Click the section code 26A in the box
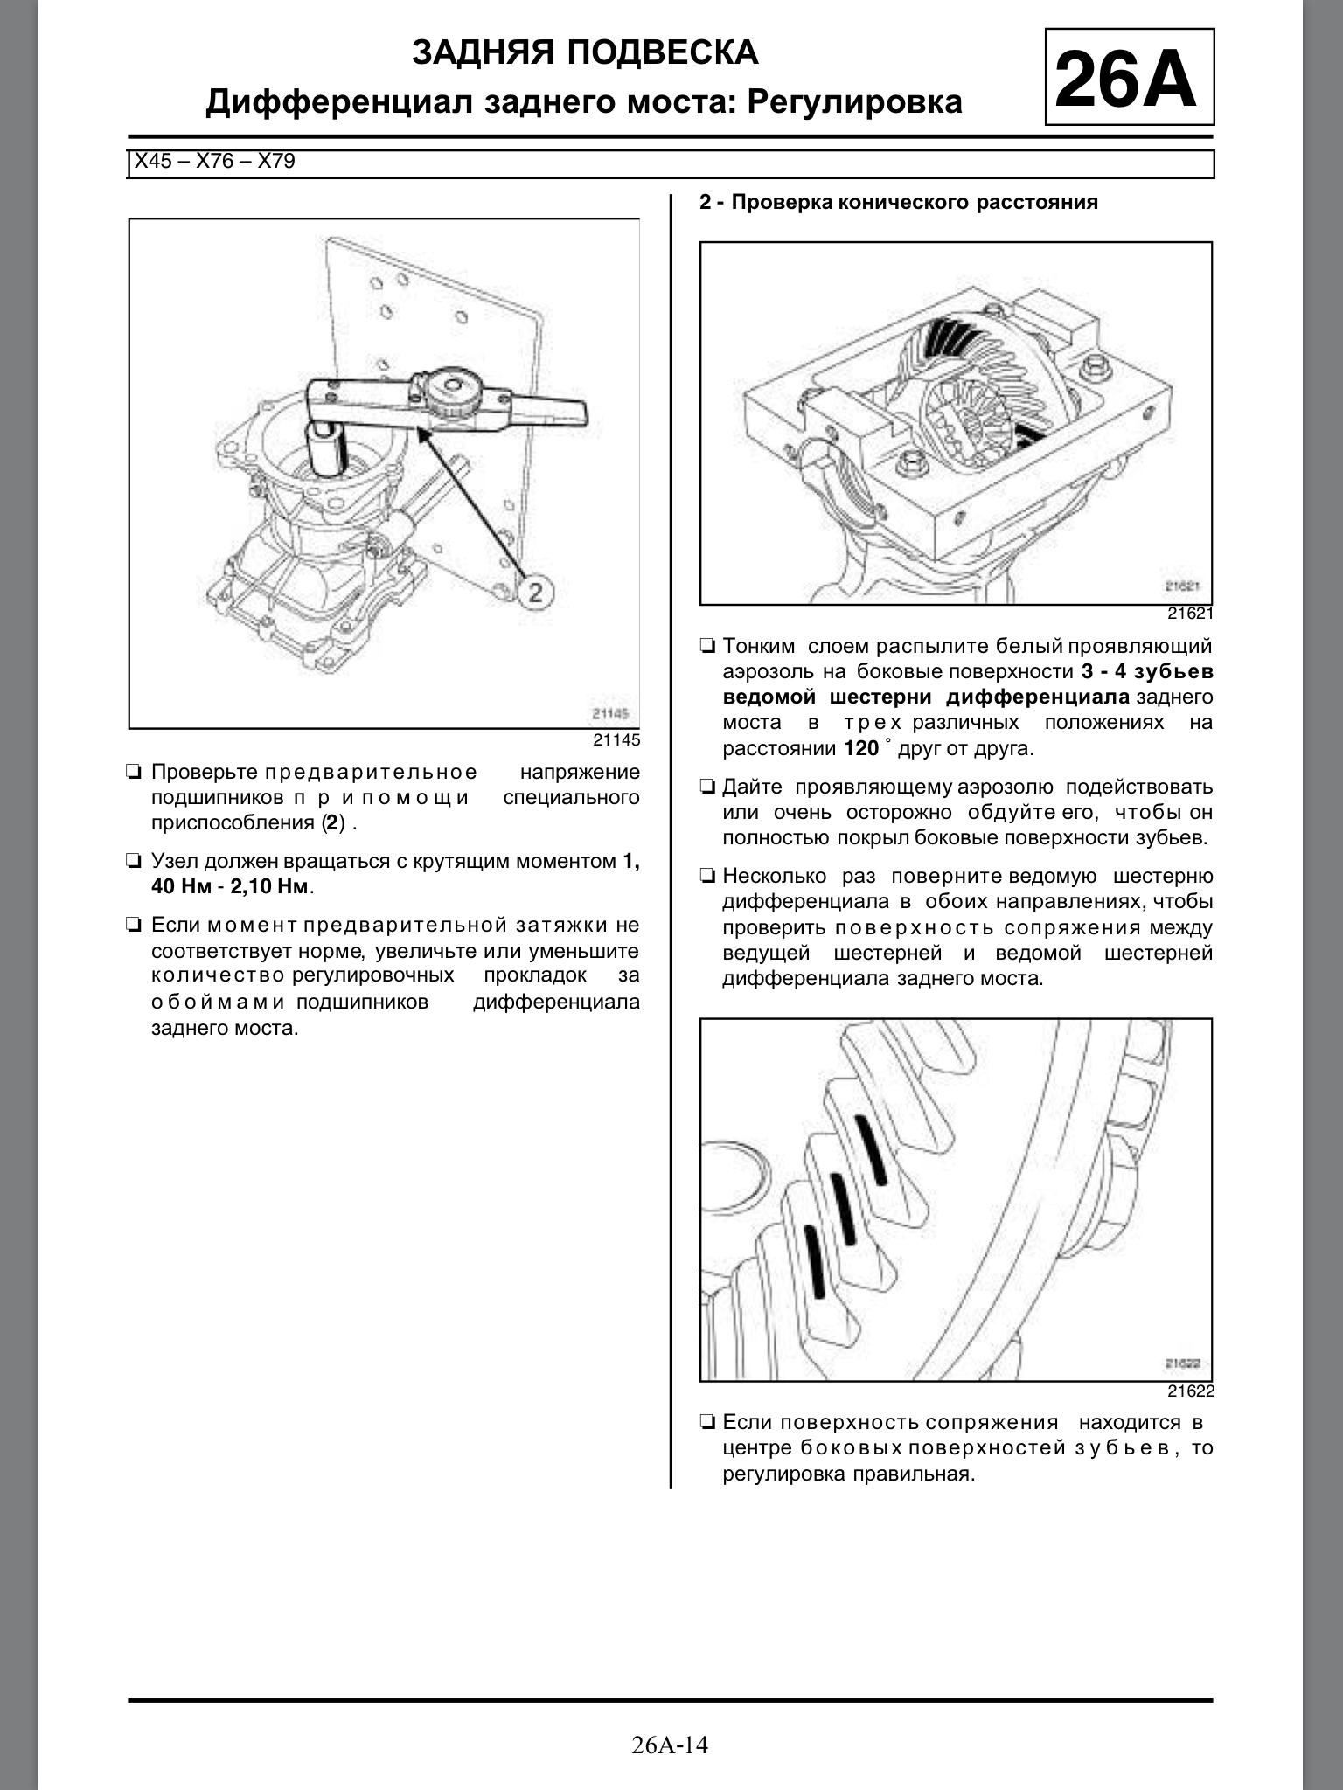point(1128,79)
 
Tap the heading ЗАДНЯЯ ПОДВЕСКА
point(584,53)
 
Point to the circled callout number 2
point(535,593)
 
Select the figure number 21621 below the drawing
point(1190,614)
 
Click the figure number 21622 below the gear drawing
point(1190,1391)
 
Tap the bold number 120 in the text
point(861,749)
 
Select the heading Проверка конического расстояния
point(914,203)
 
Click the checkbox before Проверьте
point(134,773)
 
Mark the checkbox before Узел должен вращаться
point(134,862)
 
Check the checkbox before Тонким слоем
point(706,648)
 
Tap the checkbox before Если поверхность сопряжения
point(706,1424)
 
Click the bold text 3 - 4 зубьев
point(1146,672)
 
